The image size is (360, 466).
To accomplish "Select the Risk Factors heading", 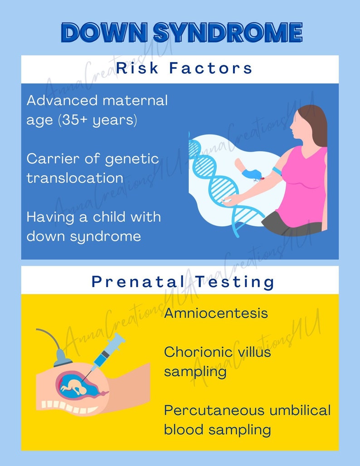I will point(183,68).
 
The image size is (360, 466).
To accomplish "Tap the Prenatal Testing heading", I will point(183,282).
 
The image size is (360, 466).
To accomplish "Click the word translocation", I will point(75,178).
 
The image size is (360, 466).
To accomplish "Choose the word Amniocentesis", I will point(216,313).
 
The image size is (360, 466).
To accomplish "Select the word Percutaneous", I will point(214,410).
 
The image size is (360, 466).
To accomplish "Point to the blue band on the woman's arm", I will point(277,171).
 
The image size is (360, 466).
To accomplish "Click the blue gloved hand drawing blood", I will point(251,174).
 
